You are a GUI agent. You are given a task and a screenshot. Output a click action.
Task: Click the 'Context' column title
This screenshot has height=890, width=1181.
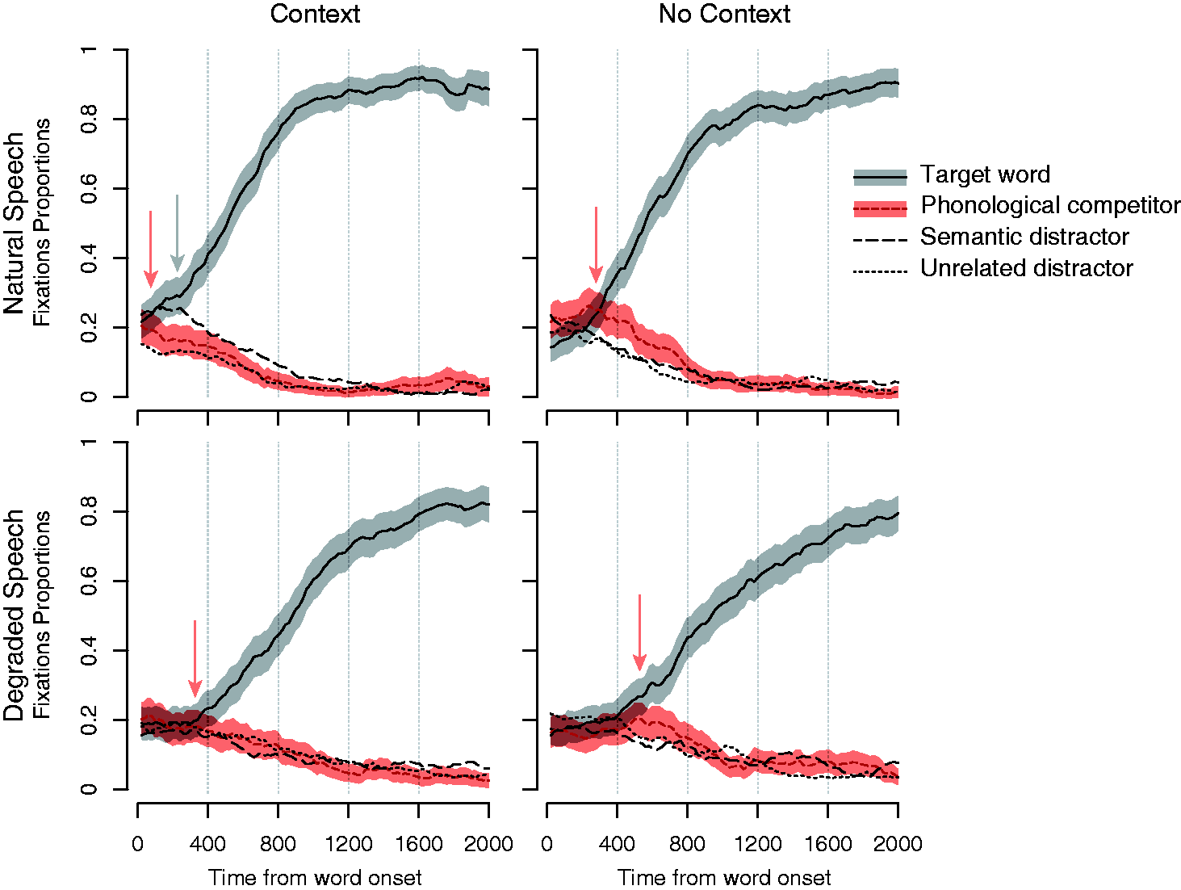tap(315, 14)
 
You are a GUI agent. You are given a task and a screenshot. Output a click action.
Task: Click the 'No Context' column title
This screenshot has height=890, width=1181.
tap(724, 14)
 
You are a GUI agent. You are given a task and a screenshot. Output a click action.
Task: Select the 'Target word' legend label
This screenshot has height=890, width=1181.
tap(985, 174)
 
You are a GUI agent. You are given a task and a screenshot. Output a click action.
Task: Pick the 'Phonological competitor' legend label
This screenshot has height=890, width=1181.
tap(1050, 205)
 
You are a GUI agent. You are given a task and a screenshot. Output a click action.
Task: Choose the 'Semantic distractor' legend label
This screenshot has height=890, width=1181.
tap(1024, 237)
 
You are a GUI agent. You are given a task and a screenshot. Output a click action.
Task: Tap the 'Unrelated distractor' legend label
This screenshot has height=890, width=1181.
tap(1027, 268)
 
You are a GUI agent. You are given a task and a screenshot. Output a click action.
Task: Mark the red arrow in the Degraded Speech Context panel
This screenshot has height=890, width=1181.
tap(195, 658)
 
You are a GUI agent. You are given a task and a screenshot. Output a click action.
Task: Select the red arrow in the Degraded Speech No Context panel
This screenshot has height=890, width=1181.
tap(639, 632)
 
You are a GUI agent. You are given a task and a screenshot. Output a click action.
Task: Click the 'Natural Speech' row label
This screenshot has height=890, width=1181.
tap(15, 224)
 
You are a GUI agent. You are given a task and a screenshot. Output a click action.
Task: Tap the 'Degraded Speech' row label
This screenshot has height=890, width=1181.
tap(15, 615)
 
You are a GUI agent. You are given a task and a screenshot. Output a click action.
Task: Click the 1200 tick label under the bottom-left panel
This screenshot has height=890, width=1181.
tap(349, 844)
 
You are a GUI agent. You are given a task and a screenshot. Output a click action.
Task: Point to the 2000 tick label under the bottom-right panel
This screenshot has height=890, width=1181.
tap(898, 844)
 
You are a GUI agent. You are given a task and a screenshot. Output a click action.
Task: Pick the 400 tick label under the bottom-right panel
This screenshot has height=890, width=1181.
tap(618, 844)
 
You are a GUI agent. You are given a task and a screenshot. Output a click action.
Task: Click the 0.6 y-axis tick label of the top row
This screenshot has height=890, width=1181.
tap(89, 189)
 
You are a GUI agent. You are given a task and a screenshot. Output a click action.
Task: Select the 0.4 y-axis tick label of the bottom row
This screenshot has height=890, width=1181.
tap(89, 650)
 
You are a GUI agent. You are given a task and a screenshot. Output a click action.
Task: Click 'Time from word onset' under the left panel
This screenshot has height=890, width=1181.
tap(315, 877)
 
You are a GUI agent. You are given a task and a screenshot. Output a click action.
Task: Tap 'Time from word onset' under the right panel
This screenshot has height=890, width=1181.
tap(724, 877)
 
